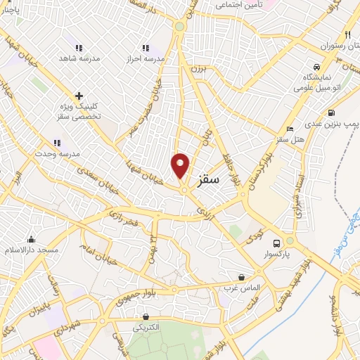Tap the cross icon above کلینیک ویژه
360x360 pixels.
pos(79,96)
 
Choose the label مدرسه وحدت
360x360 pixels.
pos(60,153)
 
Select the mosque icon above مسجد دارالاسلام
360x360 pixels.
pos(30,239)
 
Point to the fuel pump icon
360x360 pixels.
pos(330,112)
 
